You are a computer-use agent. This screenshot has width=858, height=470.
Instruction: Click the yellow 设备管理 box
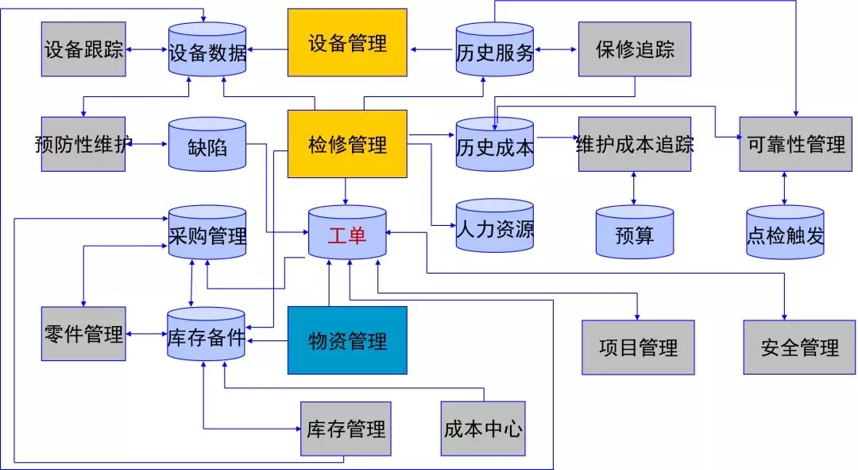click(x=347, y=42)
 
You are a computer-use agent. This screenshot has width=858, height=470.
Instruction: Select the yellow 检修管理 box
click(x=347, y=144)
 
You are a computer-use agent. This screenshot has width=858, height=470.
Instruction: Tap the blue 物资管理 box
click(x=347, y=340)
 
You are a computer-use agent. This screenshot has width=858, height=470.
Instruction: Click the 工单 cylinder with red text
click(x=347, y=235)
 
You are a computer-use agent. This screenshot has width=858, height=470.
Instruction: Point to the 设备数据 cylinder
click(x=207, y=52)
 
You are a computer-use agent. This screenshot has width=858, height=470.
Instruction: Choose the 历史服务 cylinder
click(x=494, y=52)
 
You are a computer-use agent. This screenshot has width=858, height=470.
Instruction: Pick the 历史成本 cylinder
click(x=494, y=146)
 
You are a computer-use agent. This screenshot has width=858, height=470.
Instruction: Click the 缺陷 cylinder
click(x=207, y=146)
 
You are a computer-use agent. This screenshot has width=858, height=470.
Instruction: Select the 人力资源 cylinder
click(x=494, y=228)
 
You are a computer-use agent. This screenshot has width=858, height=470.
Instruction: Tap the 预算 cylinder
click(x=634, y=234)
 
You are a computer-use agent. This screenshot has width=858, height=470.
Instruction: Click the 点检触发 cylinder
click(x=785, y=234)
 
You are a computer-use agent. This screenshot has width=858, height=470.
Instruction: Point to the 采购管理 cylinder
click(x=207, y=234)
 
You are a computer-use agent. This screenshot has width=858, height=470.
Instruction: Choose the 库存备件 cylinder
click(x=207, y=335)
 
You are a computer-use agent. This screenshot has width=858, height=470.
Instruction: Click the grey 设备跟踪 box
click(x=83, y=49)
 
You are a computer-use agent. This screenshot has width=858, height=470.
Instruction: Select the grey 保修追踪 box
click(x=634, y=49)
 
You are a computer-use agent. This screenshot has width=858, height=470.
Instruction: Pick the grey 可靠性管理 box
click(x=796, y=144)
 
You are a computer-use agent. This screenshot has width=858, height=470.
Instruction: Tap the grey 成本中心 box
click(x=482, y=429)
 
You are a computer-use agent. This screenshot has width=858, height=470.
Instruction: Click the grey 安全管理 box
click(x=799, y=347)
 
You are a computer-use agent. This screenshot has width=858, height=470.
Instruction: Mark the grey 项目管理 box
click(x=638, y=347)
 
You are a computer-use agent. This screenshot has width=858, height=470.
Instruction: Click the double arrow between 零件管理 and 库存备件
click(x=146, y=334)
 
